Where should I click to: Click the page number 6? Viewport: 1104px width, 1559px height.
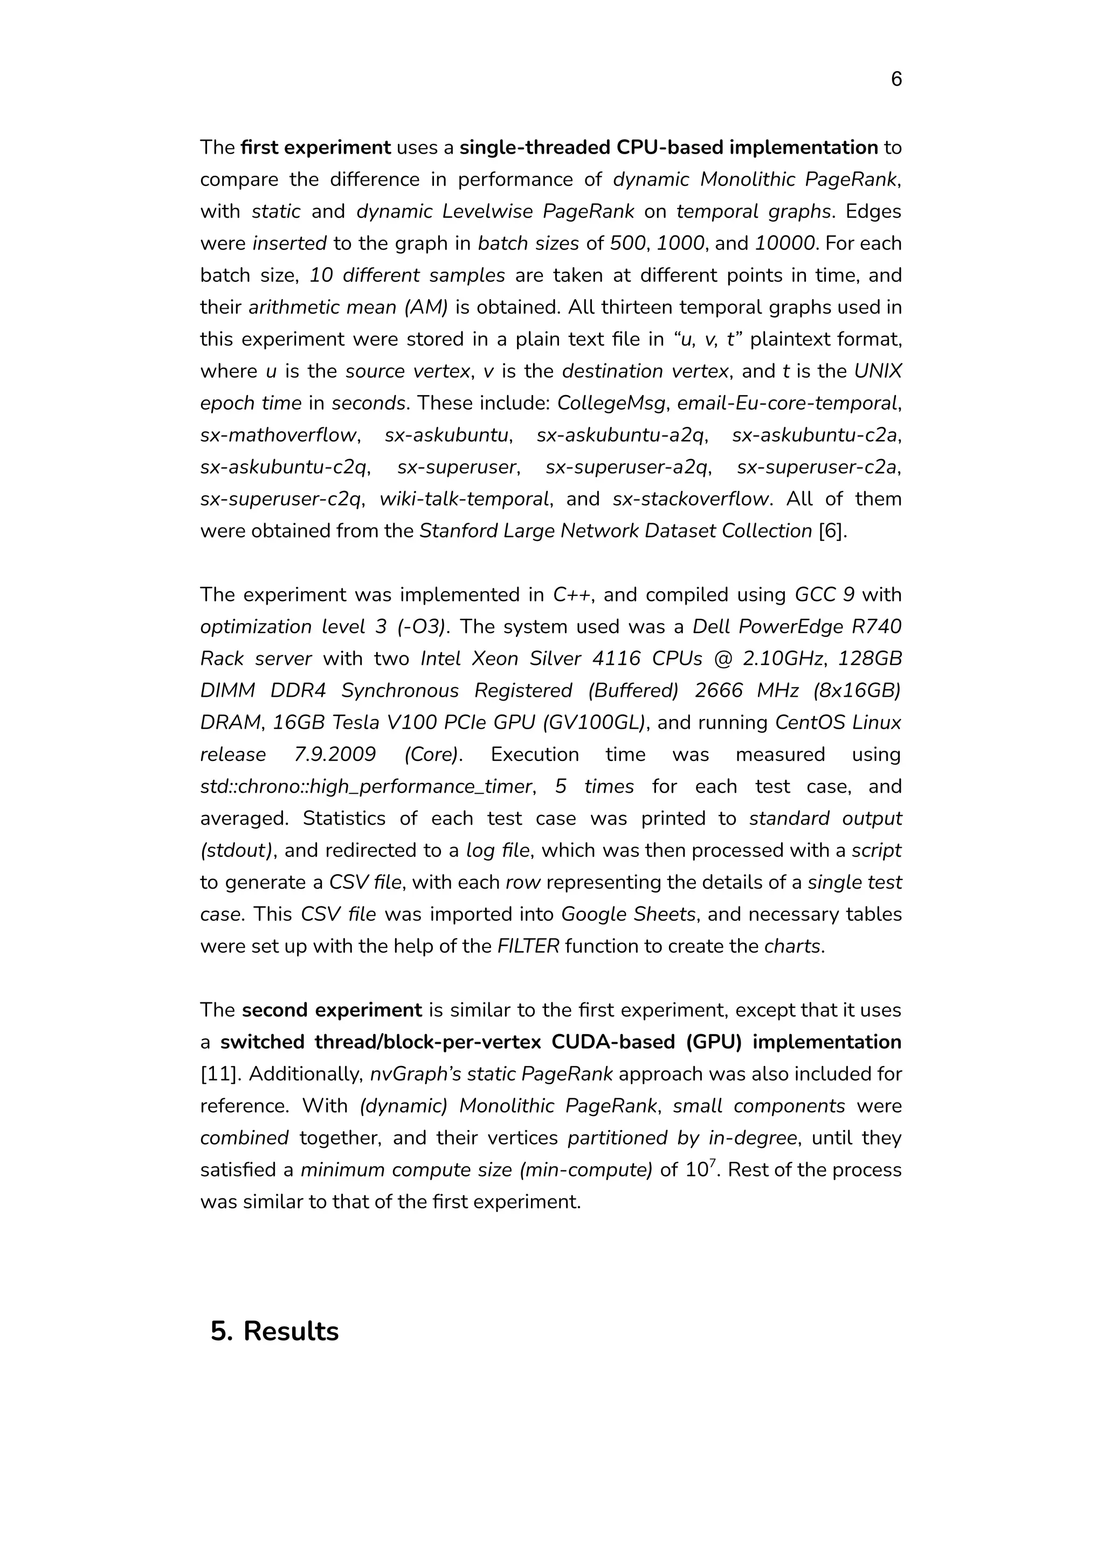(896, 80)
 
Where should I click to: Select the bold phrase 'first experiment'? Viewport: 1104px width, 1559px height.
(315, 148)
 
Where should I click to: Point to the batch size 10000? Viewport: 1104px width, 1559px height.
(784, 243)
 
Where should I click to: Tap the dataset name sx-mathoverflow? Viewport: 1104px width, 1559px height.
(278, 435)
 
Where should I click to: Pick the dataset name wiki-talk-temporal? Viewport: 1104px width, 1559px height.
(464, 499)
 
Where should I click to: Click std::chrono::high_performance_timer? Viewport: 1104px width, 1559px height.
(365, 786)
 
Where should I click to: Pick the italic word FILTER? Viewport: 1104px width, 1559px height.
(528, 946)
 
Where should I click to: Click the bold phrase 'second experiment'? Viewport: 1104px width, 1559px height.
(332, 1010)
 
